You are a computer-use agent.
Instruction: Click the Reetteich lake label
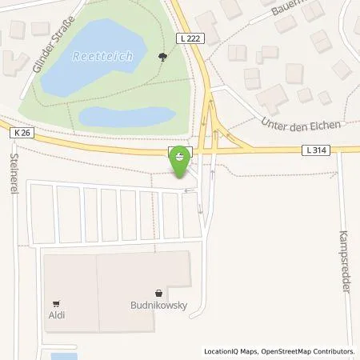[101, 56]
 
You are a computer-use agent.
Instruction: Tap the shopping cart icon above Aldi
[56, 303]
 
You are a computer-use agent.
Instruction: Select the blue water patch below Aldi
[63, 355]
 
